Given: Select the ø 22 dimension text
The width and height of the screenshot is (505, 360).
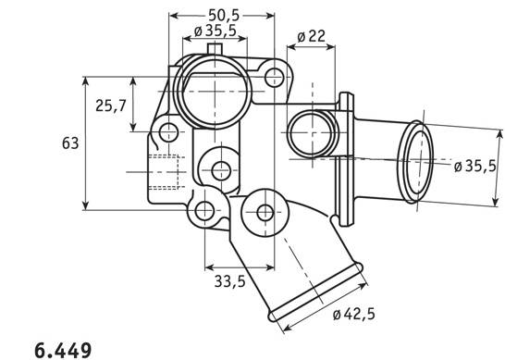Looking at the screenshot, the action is point(311,37).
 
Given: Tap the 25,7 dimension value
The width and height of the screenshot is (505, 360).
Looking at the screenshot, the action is point(110,106).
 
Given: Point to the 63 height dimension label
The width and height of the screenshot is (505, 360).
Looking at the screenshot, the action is point(70,143).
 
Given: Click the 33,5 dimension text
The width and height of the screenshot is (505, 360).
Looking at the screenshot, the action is point(230,281).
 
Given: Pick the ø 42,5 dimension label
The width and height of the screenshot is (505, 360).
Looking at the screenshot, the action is point(354,314).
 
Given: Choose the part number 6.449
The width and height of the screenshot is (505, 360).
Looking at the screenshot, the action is point(63,351).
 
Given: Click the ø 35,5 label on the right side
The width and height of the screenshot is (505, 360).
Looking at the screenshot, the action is point(475,166).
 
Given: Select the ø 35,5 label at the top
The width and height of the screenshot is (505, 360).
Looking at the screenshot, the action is point(216,31).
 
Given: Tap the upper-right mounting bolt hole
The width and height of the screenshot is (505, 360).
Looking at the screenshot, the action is point(274,78).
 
